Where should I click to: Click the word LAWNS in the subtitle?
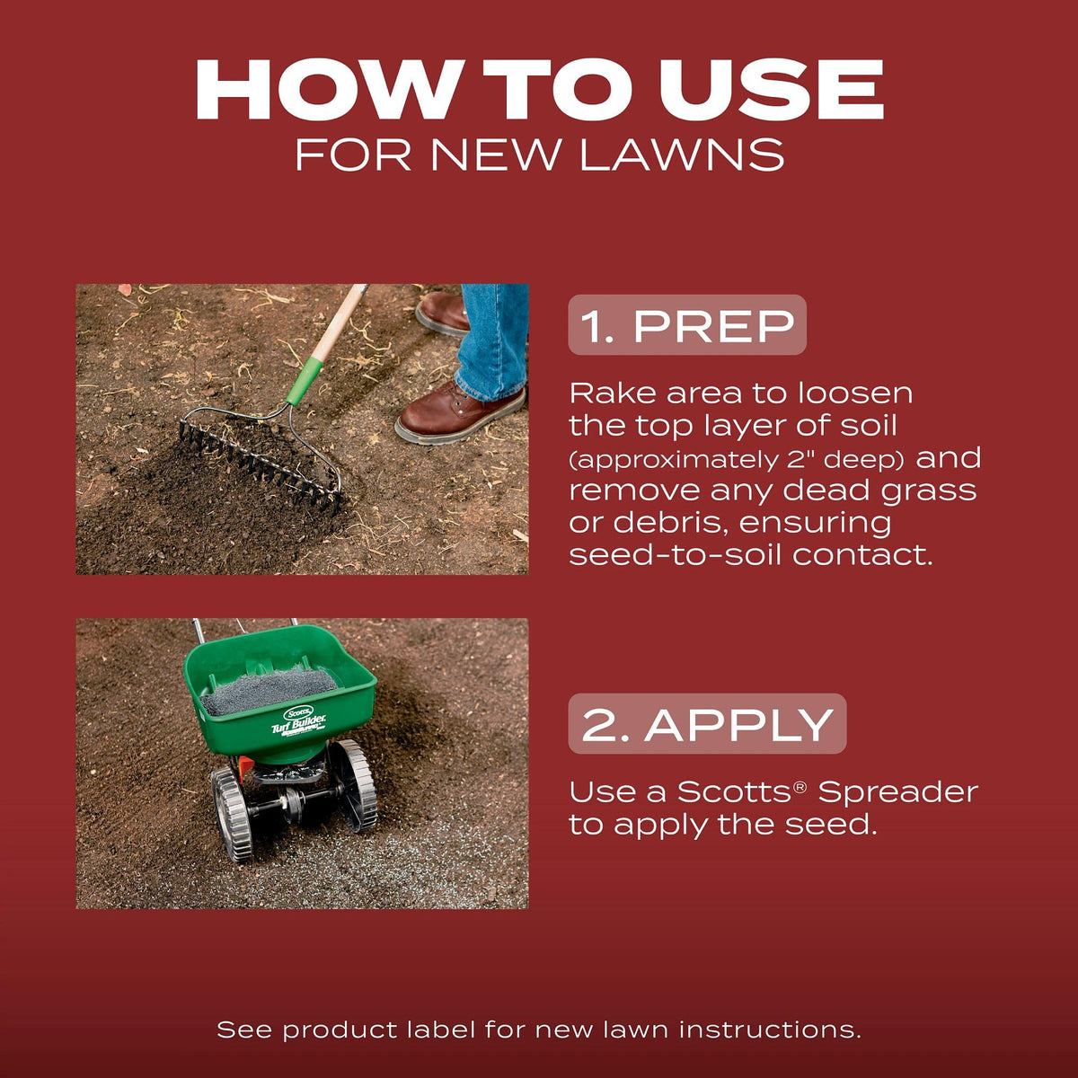[682, 155]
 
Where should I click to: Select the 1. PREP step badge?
[687, 325]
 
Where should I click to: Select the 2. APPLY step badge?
[707, 724]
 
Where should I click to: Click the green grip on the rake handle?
[305, 382]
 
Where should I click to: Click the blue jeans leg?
[491, 341]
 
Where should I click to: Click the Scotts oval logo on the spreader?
[298, 713]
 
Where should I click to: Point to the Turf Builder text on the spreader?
[299, 726]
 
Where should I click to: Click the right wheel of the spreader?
[352, 787]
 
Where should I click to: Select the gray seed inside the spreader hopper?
[269, 690]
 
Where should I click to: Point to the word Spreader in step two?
[897, 792]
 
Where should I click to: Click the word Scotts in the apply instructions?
[735, 792]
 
